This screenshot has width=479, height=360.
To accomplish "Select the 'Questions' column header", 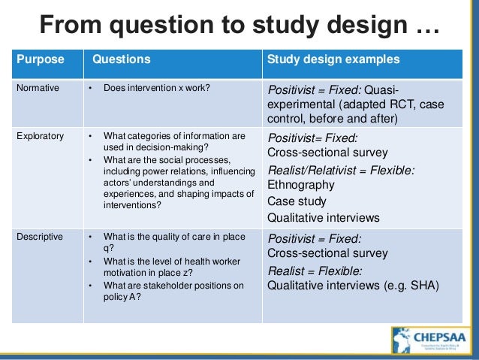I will click(121, 59).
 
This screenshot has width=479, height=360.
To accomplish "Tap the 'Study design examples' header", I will click(333, 59).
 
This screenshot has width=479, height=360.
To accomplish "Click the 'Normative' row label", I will click(38, 88).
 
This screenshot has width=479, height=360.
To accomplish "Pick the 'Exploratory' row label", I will click(41, 136).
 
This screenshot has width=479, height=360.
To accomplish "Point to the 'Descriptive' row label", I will click(41, 237).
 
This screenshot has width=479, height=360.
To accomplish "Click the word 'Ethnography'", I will click(301, 184).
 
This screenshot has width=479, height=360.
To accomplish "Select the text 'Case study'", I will click(297, 201).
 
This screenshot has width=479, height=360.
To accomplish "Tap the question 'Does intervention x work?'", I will click(156, 88).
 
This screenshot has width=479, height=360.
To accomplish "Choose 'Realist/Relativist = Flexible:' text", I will click(341, 169).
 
